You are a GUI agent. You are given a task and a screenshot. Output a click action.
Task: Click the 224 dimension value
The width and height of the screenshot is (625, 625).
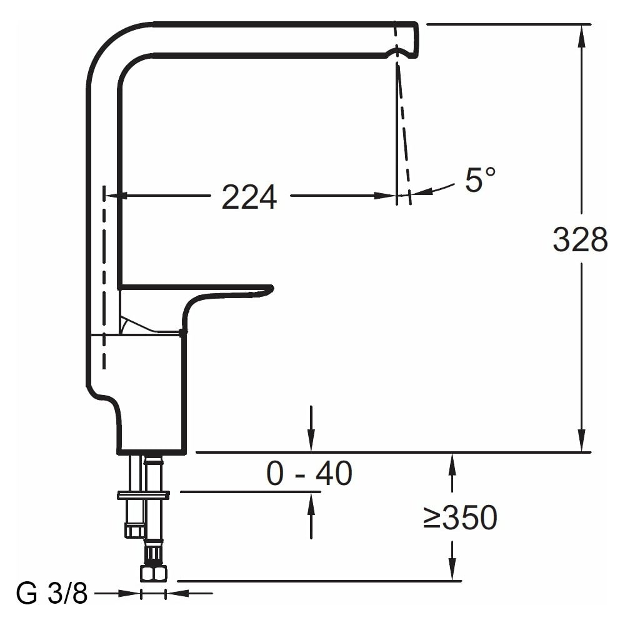(249, 197)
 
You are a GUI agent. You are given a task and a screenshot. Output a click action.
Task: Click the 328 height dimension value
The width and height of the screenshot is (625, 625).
(581, 239)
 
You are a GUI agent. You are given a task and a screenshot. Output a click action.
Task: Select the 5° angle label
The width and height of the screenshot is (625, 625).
(480, 180)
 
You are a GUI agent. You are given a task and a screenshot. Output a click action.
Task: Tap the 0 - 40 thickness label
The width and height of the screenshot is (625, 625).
(309, 473)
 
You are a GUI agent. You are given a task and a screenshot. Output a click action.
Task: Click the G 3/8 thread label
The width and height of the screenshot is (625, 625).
(52, 594)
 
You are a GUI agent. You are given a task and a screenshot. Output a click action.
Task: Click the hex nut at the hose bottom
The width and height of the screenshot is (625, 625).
(154, 574)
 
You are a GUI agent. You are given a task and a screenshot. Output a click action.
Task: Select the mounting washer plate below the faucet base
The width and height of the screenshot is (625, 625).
(144, 496)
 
